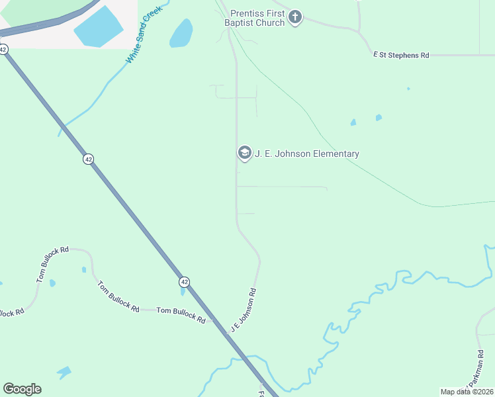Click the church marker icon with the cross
[x=295, y=17]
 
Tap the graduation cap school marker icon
[x=244, y=154]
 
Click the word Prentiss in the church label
[x=247, y=13]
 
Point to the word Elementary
[x=336, y=154]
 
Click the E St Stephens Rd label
[x=401, y=55]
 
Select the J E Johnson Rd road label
[x=243, y=310]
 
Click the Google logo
[x=22, y=389]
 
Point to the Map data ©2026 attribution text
[x=467, y=392]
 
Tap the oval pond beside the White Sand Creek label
[x=181, y=33]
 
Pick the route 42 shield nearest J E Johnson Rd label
[x=184, y=282]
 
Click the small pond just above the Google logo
[x=64, y=372]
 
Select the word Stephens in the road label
[x=404, y=55]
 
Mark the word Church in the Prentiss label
[x=272, y=22]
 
